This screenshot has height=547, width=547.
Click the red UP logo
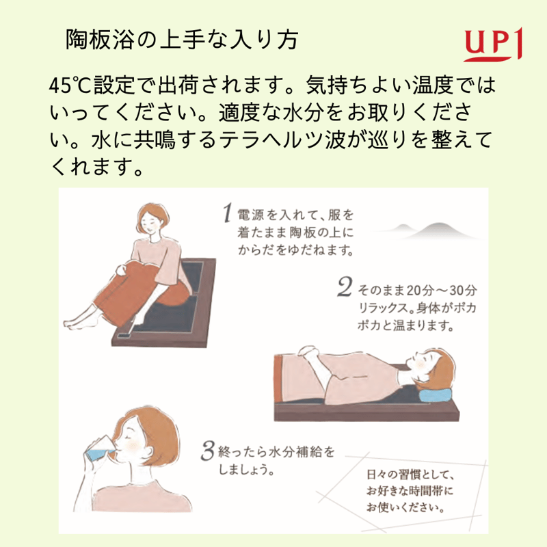[x=492, y=44]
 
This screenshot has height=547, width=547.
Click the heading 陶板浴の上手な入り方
[x=181, y=40]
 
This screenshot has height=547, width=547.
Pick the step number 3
[x=208, y=451]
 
